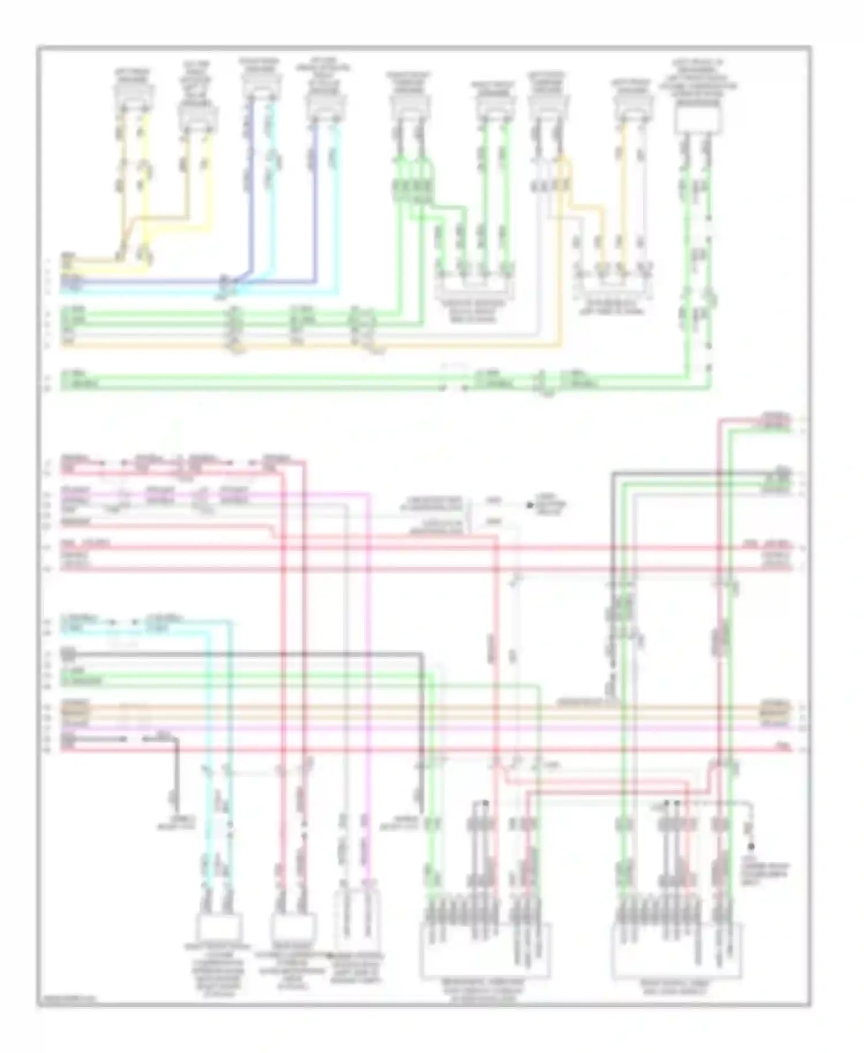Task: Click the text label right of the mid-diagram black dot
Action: (552, 506)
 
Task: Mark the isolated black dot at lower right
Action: (751, 847)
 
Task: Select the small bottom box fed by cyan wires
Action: (219, 926)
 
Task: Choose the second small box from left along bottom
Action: (294, 926)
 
